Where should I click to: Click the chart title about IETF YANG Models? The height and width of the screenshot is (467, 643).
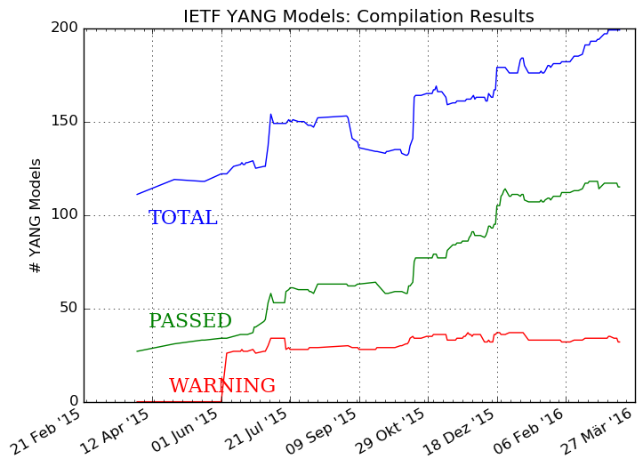tap(358, 16)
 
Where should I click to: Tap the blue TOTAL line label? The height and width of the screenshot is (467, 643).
tap(182, 218)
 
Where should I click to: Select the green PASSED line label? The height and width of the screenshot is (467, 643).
tap(189, 321)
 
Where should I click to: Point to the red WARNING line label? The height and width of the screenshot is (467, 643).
tap(221, 386)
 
